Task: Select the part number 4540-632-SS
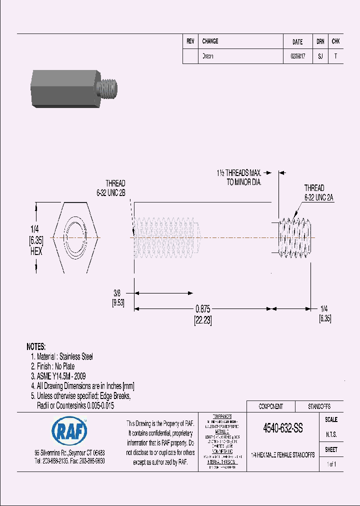coord(282,428)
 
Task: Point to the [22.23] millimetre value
coord(203,321)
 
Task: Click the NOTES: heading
coord(35,346)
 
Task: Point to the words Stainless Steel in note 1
coord(76,356)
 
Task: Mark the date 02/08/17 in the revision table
coord(297,56)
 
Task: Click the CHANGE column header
coord(210,41)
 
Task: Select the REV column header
coord(190,41)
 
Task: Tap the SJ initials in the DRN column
coord(320,56)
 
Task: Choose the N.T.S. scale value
coord(331,434)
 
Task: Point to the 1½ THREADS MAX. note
coord(239,173)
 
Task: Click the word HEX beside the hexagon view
coord(36,251)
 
